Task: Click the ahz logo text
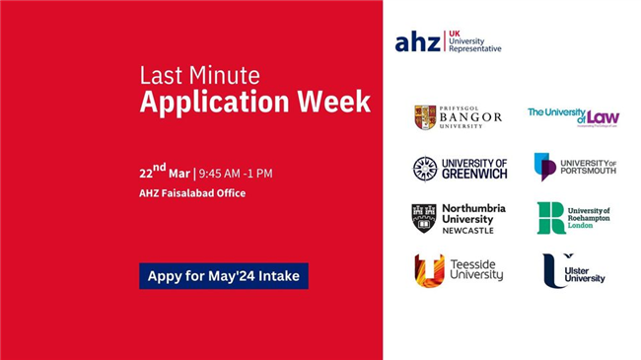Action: click(x=417, y=41)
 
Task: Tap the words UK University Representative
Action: click(x=474, y=40)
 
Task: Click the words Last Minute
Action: click(x=199, y=76)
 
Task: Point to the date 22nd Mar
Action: click(x=164, y=173)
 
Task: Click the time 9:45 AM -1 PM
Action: click(x=235, y=174)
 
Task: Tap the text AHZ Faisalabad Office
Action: click(x=192, y=193)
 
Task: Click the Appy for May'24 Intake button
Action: click(x=223, y=276)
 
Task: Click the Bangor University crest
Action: click(x=425, y=117)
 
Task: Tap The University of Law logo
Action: click(x=573, y=116)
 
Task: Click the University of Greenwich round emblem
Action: click(x=425, y=169)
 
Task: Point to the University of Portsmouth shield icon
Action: click(x=544, y=166)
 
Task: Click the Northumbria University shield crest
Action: click(x=424, y=218)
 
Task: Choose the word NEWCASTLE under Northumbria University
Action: click(x=468, y=232)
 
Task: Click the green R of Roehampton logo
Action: click(x=550, y=218)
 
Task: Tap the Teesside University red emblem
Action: click(x=429, y=270)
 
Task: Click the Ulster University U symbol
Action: click(x=554, y=270)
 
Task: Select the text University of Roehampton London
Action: click(x=589, y=218)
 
